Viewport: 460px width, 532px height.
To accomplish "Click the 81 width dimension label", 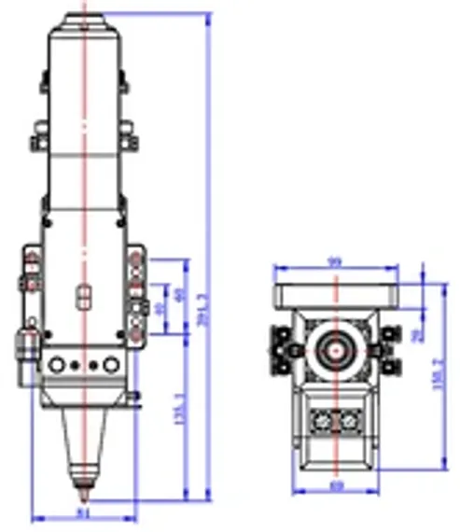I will coord(83,511).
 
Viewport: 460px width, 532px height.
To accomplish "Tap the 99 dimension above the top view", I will coord(334,262).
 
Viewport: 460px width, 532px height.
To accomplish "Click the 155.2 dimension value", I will coord(439,373).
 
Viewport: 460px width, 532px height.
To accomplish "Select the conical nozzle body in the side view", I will coord(84,439).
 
